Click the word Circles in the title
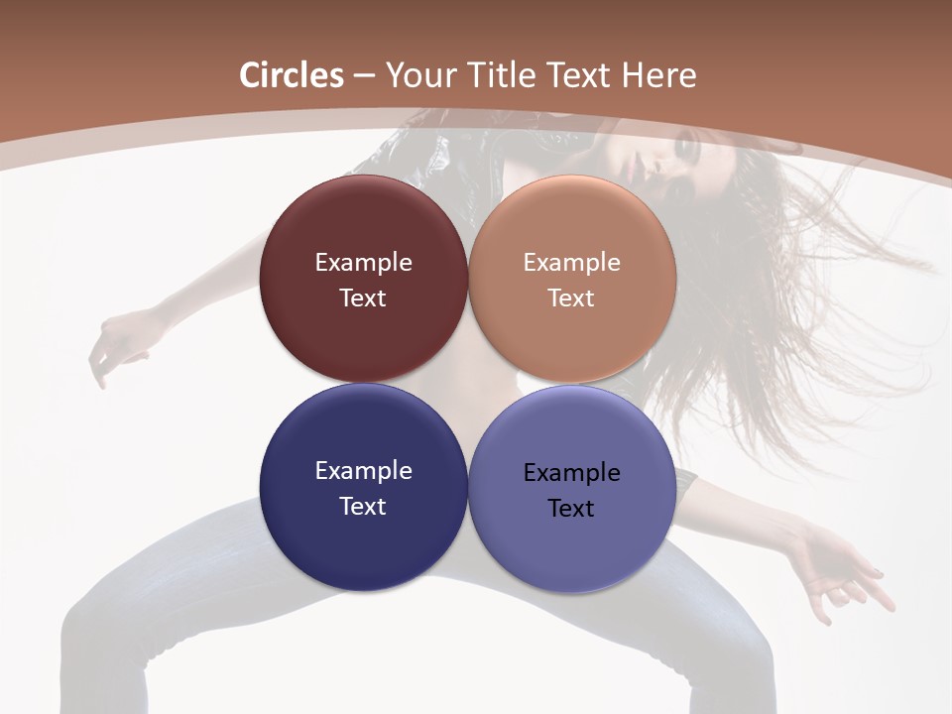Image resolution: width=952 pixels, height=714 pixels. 292,75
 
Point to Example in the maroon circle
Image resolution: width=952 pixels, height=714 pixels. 363,263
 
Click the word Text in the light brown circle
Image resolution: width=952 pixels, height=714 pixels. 571,298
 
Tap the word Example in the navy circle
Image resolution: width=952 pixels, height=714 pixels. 363,471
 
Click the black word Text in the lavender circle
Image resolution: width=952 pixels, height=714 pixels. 571,509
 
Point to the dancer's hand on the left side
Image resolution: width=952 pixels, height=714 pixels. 114,342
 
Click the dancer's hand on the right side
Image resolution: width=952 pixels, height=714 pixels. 843,575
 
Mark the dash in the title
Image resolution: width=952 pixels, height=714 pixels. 364,75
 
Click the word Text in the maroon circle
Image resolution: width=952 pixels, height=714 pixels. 363,298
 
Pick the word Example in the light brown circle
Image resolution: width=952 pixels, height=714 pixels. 571,263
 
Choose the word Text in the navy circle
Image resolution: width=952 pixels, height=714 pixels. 363,507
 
